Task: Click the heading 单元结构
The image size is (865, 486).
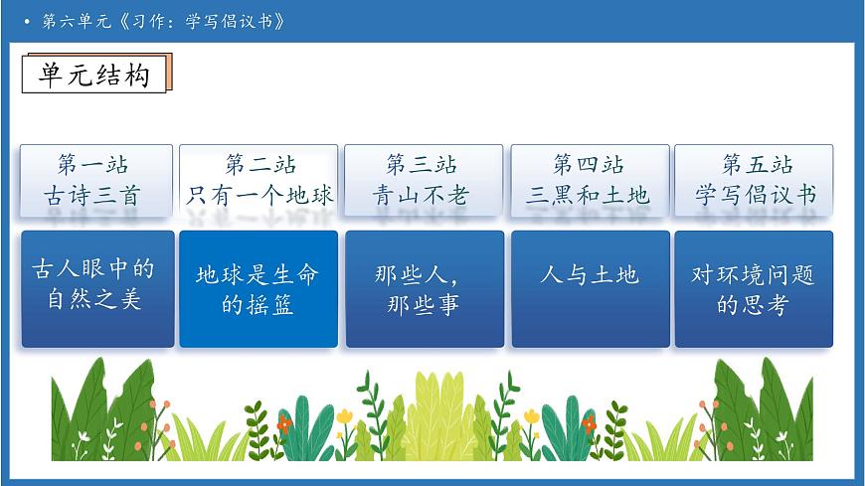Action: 93,75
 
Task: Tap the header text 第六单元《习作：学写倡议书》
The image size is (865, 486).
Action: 164,21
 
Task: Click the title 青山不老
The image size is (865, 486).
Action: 422,195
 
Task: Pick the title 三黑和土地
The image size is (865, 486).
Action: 589,195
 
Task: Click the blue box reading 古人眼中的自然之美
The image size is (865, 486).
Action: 97,288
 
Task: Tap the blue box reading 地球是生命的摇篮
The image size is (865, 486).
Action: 258,288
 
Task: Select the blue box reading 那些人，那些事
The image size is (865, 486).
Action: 424,288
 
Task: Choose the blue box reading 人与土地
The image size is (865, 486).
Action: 590,288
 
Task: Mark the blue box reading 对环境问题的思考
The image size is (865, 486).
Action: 753,288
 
